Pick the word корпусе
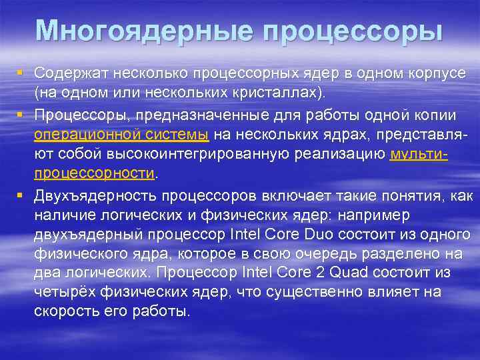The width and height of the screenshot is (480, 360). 439,71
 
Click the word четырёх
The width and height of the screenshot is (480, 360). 61,292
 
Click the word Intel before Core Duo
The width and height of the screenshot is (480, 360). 247,235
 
